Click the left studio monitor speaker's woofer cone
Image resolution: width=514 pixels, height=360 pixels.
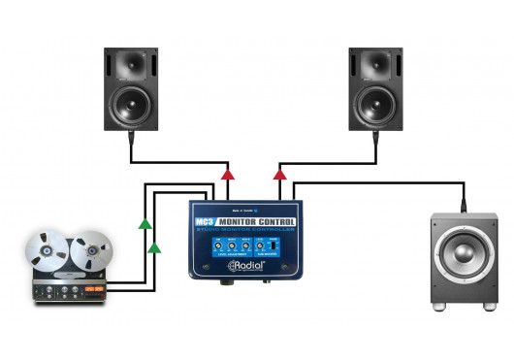pos(132,103)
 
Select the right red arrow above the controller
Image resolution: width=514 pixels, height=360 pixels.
pos(279,175)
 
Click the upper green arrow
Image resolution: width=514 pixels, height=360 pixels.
pos(144,225)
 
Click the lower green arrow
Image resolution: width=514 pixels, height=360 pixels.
pos(153,248)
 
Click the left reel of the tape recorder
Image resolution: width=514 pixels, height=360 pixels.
pos(48,251)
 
